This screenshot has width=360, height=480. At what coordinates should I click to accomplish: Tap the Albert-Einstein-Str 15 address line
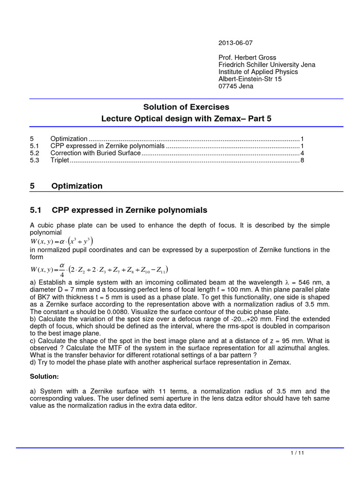[x=250, y=79]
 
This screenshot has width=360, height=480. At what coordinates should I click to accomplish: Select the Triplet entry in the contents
[x=60, y=160]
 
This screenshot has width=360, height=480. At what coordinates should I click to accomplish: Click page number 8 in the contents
[x=302, y=160]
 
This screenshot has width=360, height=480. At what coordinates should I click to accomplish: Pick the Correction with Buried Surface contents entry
[x=95, y=153]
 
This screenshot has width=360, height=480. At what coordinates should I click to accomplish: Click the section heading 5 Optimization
[x=66, y=186]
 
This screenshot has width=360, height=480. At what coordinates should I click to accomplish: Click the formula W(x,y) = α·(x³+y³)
[x=61, y=241]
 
